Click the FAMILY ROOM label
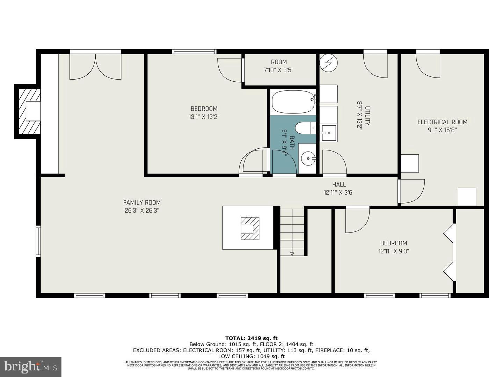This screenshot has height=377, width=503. (x=142, y=202)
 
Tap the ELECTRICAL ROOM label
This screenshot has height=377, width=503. (x=442, y=122)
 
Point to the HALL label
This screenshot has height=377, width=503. (x=339, y=184)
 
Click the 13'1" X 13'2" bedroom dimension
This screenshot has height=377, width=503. (x=204, y=117)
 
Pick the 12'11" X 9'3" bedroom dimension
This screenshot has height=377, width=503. (x=393, y=251)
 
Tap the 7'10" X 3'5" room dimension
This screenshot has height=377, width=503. (x=278, y=70)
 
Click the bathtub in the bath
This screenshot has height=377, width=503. (x=293, y=102)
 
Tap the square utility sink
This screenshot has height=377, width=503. (x=329, y=133)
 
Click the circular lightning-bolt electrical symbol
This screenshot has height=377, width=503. (x=329, y=63)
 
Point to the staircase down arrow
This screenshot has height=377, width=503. (x=292, y=254)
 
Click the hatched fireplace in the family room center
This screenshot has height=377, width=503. (x=250, y=228)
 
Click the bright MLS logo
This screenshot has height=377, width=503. (x=31, y=367)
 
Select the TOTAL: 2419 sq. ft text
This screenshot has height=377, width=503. (x=251, y=338)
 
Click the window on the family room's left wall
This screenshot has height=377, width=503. (x=38, y=241)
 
